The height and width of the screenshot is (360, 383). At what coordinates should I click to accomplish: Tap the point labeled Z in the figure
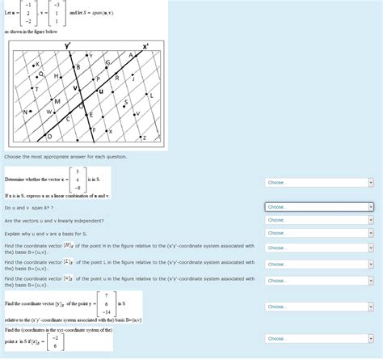point(143,138)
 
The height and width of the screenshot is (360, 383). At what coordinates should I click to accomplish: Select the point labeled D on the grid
point(49,136)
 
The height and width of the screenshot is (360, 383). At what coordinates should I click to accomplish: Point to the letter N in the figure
point(26,111)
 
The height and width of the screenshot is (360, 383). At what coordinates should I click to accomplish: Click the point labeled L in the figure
point(150,95)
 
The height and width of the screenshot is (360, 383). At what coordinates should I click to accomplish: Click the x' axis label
point(145,46)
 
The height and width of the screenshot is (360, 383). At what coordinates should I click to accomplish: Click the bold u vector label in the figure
point(100,91)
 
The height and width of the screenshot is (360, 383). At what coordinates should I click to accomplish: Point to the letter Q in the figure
point(41,73)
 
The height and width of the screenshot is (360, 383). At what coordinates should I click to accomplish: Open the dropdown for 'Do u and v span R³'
point(319,207)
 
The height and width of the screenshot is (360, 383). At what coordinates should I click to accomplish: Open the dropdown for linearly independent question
point(319,220)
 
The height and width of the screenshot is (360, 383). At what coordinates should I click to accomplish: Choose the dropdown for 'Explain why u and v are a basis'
point(319,234)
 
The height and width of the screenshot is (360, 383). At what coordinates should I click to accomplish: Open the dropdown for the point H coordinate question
point(319,248)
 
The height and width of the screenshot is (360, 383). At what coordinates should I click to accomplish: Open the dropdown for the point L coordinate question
point(319,264)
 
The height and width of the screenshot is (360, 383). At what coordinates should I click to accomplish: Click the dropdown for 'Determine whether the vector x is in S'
point(319,182)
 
